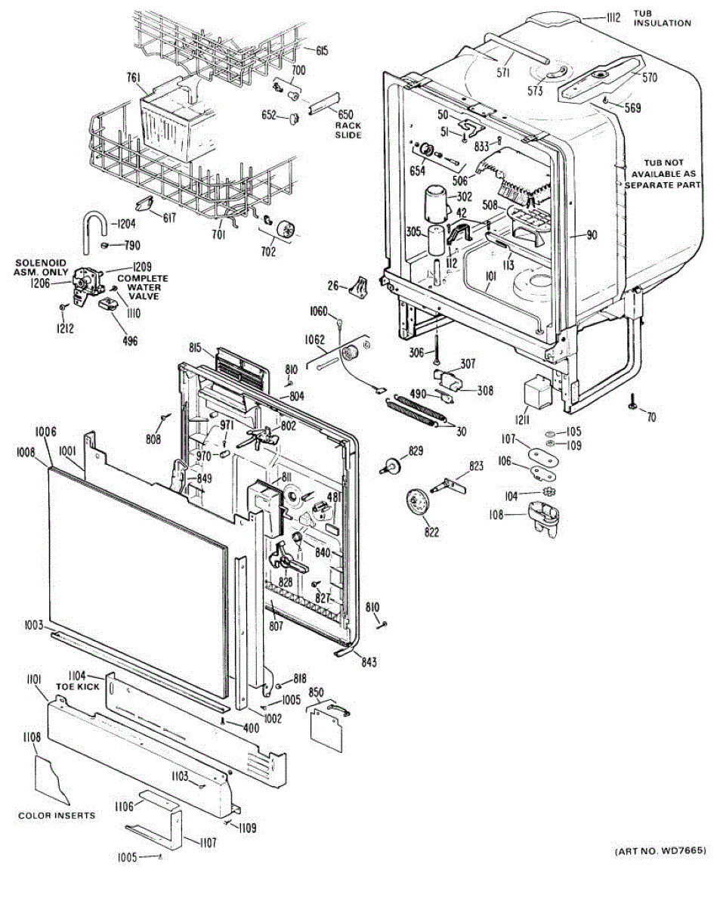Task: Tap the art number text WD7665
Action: click(660, 851)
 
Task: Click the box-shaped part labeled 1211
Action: click(538, 392)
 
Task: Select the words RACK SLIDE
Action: click(348, 130)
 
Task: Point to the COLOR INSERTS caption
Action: click(57, 816)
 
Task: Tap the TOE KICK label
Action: click(73, 688)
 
